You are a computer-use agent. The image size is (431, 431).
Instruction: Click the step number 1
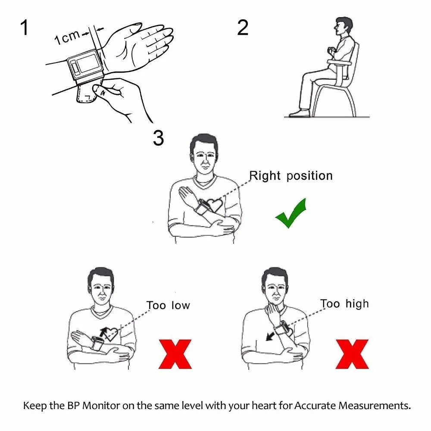[x=25, y=28]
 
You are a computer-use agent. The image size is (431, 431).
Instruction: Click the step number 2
[x=243, y=28]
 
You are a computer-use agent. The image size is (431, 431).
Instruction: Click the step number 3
[x=158, y=138]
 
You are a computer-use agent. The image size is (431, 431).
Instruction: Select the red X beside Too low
[x=175, y=354]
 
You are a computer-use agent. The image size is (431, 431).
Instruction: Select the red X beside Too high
[x=352, y=354]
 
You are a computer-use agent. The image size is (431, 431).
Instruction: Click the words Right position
[x=291, y=176]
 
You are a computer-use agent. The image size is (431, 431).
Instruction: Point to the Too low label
[x=168, y=306]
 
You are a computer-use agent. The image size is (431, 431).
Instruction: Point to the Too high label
[x=344, y=304]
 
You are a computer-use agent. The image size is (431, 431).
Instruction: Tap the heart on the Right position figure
[x=214, y=205]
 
